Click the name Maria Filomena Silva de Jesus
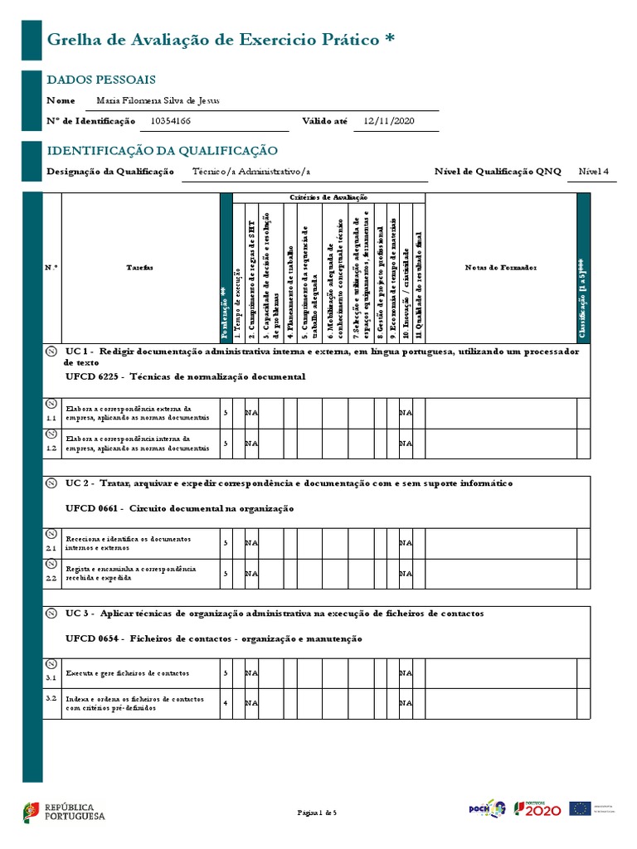(x=159, y=100)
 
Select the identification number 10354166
(x=171, y=121)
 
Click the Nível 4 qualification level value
(x=593, y=172)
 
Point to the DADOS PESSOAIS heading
(x=100, y=80)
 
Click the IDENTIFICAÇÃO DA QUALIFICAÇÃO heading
(x=162, y=151)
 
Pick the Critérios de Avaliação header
(x=328, y=196)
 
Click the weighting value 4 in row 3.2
(x=226, y=702)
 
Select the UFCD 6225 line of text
(x=185, y=376)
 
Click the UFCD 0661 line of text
(x=179, y=508)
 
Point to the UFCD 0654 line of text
(x=213, y=639)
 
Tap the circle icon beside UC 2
(x=51, y=483)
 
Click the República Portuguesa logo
(x=64, y=811)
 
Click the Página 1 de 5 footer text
(x=318, y=813)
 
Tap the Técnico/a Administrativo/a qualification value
(x=251, y=172)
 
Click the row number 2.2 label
(x=51, y=578)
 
